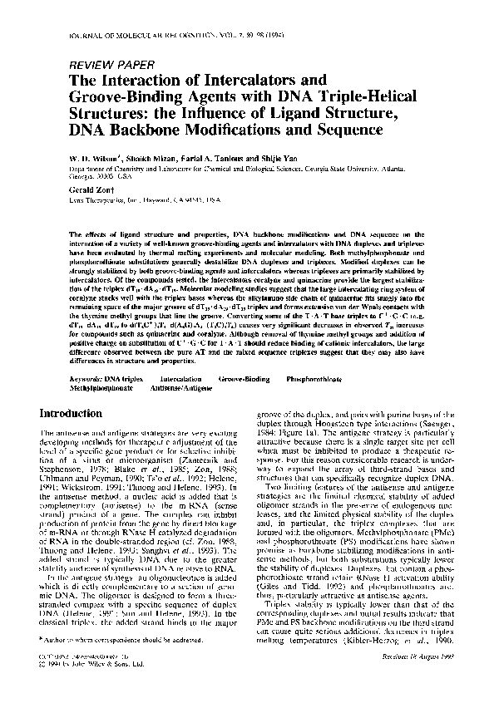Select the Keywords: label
[x=87, y=378]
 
